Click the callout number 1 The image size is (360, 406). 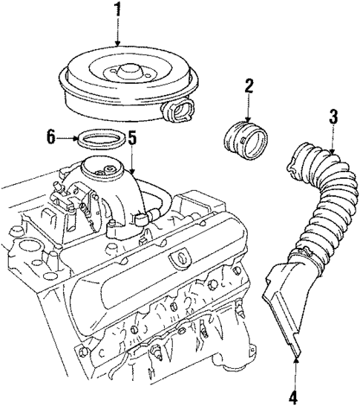pos(117,11)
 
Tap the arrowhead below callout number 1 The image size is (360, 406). pos(117,44)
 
